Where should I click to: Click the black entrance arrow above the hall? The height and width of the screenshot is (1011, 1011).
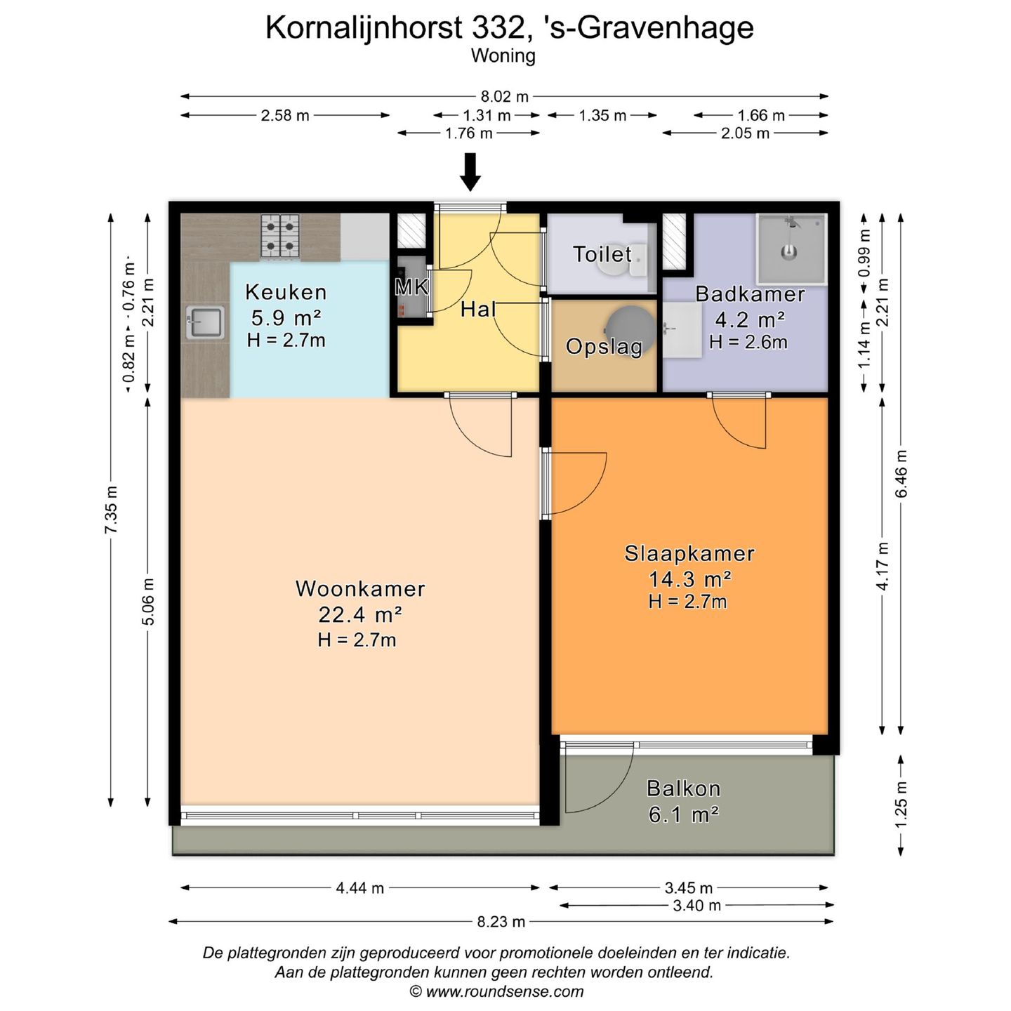(x=470, y=171)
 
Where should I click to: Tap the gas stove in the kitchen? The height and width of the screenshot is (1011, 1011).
(x=280, y=236)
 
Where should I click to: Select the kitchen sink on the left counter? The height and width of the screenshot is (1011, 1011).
(x=205, y=324)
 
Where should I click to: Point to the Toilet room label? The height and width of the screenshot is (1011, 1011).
(x=602, y=254)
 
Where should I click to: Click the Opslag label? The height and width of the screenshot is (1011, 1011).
(x=604, y=347)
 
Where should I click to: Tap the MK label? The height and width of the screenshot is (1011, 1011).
(x=412, y=286)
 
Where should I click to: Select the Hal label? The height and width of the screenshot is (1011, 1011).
(x=478, y=309)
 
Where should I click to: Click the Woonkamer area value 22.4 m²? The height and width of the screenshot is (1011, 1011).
(x=359, y=615)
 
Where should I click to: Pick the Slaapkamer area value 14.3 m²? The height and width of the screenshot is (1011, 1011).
(x=689, y=579)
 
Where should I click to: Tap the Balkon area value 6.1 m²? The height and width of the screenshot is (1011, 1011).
(x=683, y=814)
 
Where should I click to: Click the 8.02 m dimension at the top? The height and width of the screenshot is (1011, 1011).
(x=504, y=97)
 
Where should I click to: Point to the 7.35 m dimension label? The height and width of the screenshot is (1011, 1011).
(x=111, y=509)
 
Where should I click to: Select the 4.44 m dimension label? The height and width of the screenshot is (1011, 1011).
(x=359, y=888)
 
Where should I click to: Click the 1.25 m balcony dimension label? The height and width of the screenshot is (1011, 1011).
(x=901, y=805)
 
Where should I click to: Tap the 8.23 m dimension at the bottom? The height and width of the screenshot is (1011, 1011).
(x=501, y=922)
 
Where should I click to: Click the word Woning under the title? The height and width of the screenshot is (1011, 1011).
(x=503, y=56)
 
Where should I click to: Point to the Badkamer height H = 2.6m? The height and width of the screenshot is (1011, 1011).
(x=748, y=343)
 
